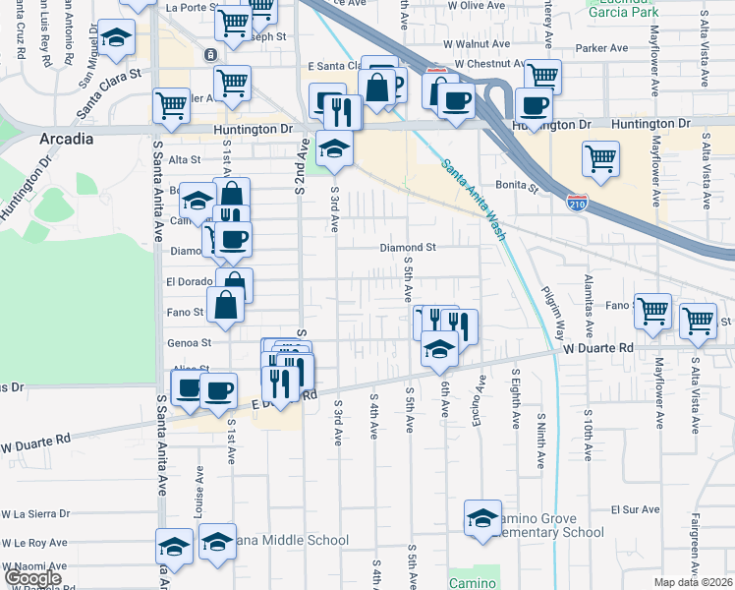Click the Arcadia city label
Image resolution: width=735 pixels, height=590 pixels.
coord(67,139)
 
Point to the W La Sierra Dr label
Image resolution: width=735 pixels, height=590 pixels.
coord(35,513)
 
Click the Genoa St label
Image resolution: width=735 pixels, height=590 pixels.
coord(192,342)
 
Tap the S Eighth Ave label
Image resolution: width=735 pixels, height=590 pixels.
coord(514,399)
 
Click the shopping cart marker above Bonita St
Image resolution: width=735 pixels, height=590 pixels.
coord(599,156)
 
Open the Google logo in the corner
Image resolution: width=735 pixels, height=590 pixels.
coord(31,579)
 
